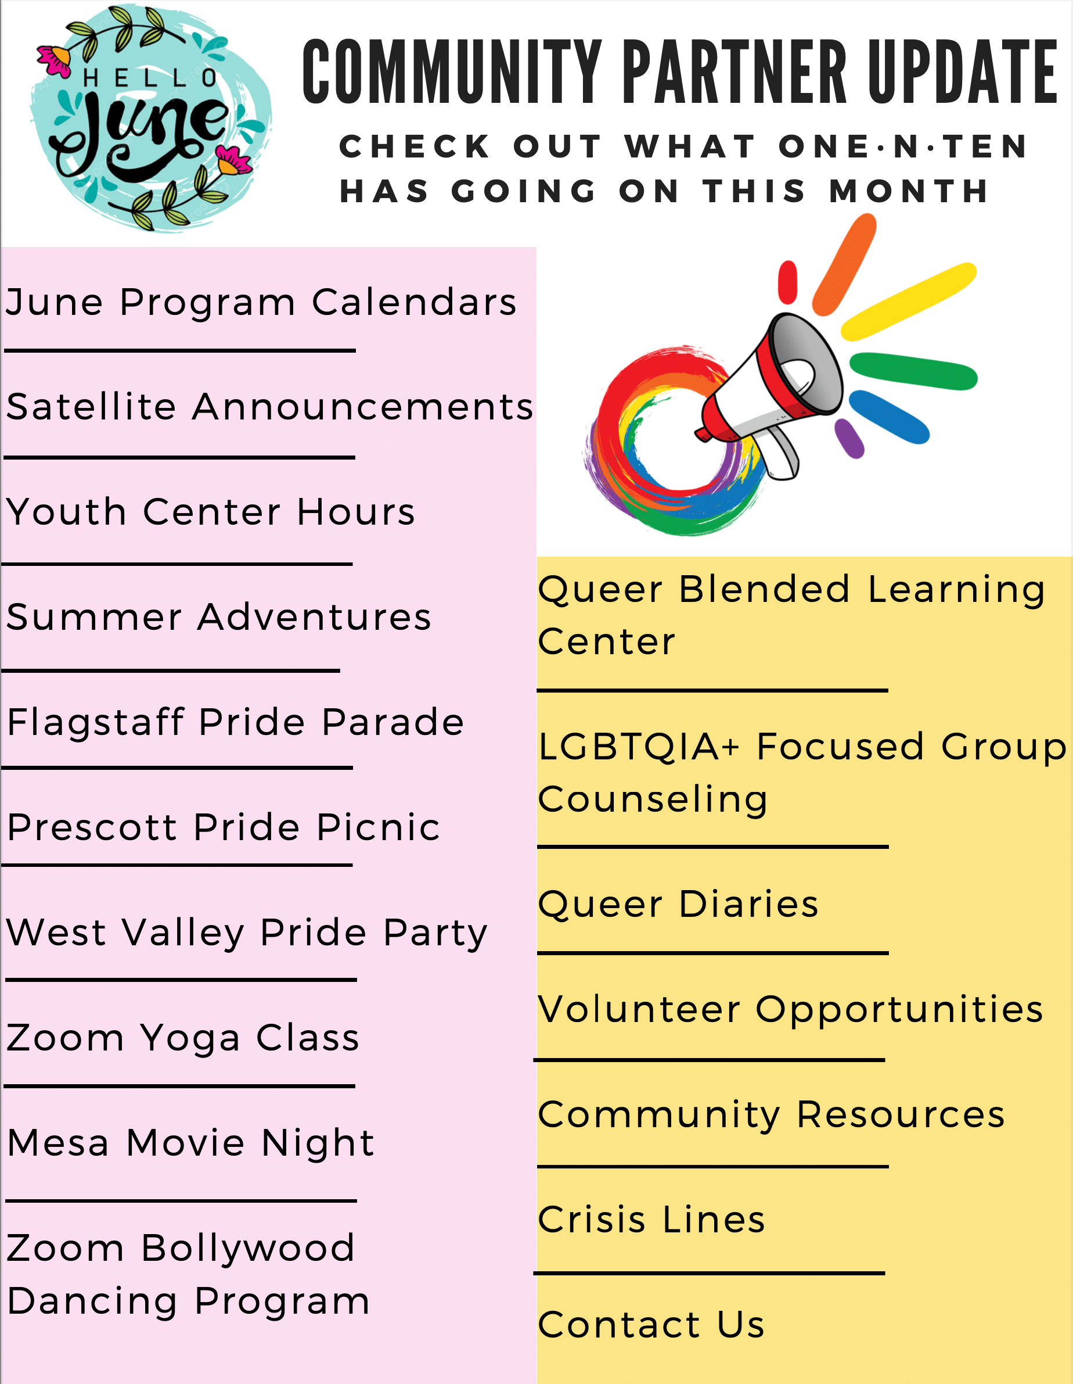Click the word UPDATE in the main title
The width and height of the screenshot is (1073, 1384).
[962, 71]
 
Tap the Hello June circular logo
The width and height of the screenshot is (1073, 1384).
[151, 119]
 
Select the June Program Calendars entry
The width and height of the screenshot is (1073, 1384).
[261, 302]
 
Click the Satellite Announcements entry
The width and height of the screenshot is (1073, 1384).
[270, 406]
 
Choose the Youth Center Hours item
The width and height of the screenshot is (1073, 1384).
[211, 511]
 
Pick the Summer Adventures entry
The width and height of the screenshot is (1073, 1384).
[219, 616]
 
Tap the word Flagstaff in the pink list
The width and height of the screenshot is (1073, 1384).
[95, 722]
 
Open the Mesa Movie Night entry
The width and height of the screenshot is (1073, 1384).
[190, 1144]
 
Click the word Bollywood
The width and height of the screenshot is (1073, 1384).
[248, 1248]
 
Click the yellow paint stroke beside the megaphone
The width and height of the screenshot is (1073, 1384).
[908, 301]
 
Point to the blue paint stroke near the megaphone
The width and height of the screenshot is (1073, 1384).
[889, 417]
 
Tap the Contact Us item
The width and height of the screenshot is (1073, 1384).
[651, 1325]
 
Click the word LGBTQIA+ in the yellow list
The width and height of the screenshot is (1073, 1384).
[639, 747]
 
